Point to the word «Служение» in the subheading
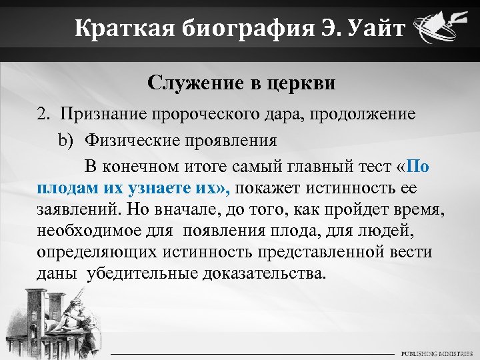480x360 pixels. click(x=190, y=83)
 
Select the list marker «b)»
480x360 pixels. click(x=65, y=141)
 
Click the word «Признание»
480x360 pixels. click(x=102, y=113)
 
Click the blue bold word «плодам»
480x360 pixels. click(x=66, y=189)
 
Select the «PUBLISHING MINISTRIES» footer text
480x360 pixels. click(x=435, y=351)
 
